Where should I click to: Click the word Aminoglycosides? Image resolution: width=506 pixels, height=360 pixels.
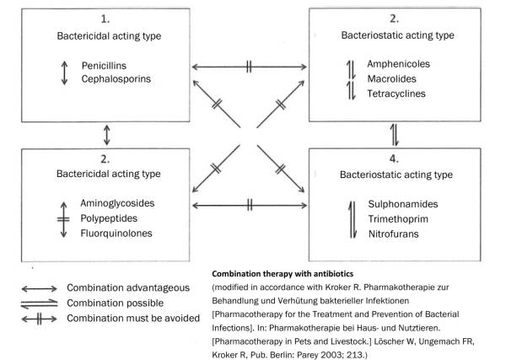(119, 204)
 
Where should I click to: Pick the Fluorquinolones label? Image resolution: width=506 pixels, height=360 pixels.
(117, 233)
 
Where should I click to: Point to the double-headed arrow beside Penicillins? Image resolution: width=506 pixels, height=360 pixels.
(62, 73)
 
